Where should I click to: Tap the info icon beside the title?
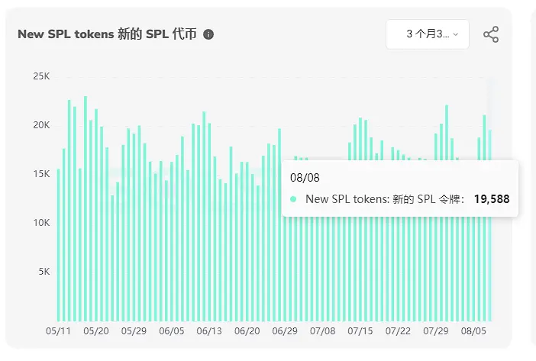click(x=209, y=34)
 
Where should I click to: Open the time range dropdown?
click(x=427, y=34)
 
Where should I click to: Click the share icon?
click(x=491, y=34)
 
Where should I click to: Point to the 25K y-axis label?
click(x=40, y=76)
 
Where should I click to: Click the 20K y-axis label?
click(x=40, y=125)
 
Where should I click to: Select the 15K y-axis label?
click(x=40, y=174)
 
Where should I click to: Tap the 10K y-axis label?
click(x=40, y=223)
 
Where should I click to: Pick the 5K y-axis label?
click(x=43, y=272)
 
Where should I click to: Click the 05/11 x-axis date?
click(x=59, y=332)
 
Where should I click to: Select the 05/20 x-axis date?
click(x=96, y=332)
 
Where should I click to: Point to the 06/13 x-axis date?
click(x=209, y=332)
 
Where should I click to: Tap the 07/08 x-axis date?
click(x=323, y=332)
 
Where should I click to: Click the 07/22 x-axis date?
click(x=399, y=332)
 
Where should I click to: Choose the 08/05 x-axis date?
click(x=474, y=332)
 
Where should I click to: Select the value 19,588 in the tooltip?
click(x=491, y=199)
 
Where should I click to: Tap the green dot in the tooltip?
click(x=294, y=199)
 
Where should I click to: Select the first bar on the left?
click(x=59, y=244)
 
